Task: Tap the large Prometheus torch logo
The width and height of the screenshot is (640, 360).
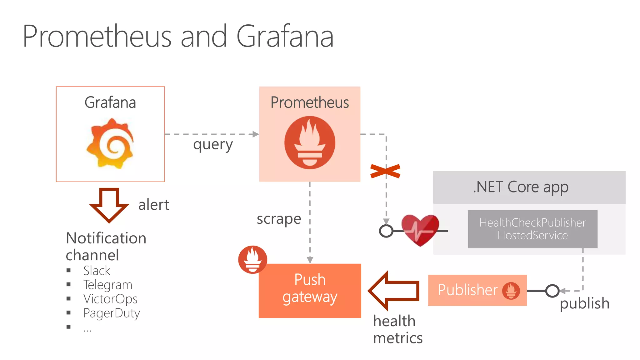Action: pyautogui.click(x=310, y=143)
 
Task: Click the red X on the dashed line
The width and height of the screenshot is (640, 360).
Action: pyautogui.click(x=385, y=171)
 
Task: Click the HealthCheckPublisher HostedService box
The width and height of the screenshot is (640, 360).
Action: pyautogui.click(x=532, y=229)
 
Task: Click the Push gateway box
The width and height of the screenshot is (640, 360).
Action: pyautogui.click(x=310, y=291)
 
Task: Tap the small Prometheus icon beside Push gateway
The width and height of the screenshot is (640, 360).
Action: pyautogui.click(x=252, y=260)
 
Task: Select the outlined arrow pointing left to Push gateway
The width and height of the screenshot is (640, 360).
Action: pyautogui.click(x=394, y=291)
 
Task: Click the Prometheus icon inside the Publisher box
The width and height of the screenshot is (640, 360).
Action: pyautogui.click(x=511, y=291)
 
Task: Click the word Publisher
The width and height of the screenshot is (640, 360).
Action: pyautogui.click(x=467, y=290)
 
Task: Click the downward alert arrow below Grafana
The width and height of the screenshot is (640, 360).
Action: pyautogui.click(x=109, y=205)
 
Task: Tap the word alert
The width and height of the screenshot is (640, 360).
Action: pyautogui.click(x=153, y=205)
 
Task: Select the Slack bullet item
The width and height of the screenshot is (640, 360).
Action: pyautogui.click(x=97, y=271)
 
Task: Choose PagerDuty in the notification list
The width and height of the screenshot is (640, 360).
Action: pyautogui.click(x=111, y=313)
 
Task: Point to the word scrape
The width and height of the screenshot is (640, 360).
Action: pyautogui.click(x=279, y=219)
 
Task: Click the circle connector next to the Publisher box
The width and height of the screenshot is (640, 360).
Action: pyautogui.click(x=552, y=291)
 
